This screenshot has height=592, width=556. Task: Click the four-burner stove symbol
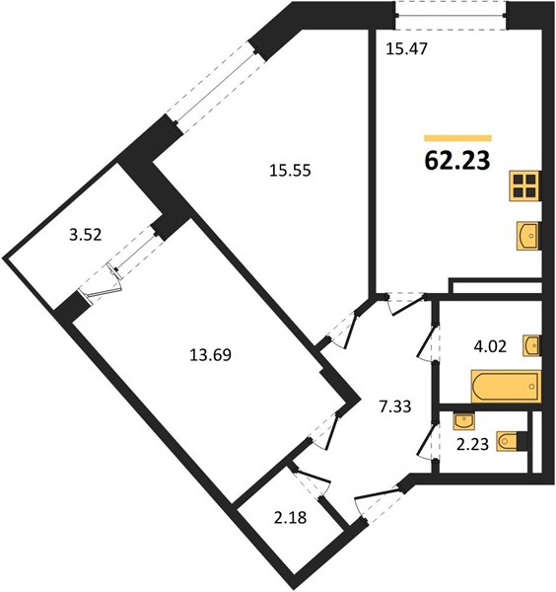525,186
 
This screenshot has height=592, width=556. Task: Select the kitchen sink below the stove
526,235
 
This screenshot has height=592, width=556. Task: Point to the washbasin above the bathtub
531,344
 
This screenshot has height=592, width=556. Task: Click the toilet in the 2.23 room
510,440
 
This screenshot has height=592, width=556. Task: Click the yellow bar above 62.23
457,137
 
